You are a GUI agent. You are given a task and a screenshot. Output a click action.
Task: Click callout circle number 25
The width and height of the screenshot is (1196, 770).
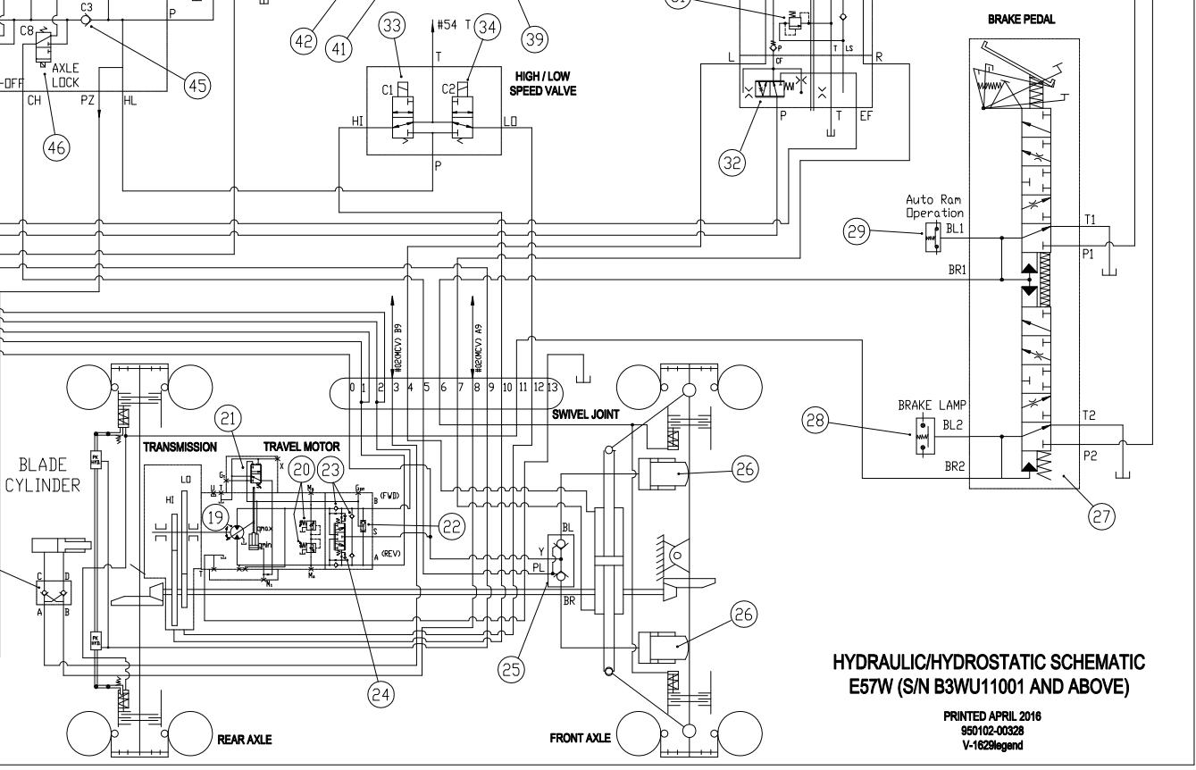[x=512, y=672]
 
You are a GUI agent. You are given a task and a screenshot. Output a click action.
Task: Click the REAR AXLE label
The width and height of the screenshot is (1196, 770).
[x=245, y=740]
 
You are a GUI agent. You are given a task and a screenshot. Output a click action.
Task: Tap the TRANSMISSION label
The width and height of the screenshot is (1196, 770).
[x=180, y=445]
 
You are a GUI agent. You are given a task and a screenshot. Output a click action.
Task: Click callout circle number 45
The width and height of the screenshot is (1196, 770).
[x=196, y=85]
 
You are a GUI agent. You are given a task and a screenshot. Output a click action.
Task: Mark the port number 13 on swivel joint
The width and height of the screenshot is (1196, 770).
[x=552, y=387]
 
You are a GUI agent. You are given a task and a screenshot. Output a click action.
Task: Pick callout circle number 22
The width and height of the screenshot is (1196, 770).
[x=453, y=528]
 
